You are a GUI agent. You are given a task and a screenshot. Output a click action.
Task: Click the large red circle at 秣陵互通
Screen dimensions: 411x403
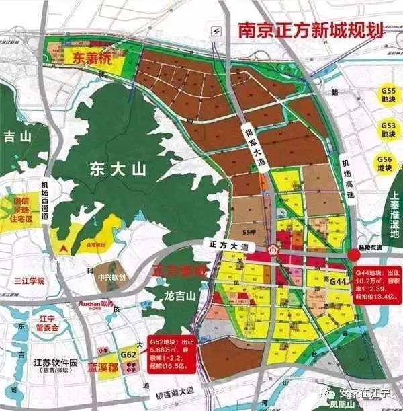(x=353, y=255)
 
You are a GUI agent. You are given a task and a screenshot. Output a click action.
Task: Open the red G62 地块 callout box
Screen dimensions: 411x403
(x=173, y=350)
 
